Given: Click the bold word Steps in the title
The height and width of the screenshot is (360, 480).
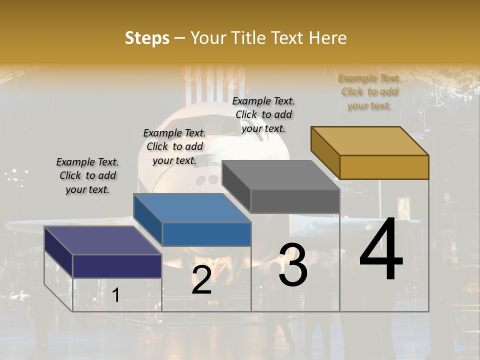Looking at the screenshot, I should pyautogui.click(x=147, y=38).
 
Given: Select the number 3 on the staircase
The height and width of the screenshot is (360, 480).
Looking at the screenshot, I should pyautogui.click(x=292, y=265).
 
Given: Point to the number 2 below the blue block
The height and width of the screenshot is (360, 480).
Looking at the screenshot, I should pyautogui.click(x=201, y=280).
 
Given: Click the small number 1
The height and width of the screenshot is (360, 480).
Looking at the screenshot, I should pyautogui.click(x=116, y=295).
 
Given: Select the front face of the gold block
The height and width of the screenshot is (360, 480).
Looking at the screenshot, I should pyautogui.click(x=384, y=167).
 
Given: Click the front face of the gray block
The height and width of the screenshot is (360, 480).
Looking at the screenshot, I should pyautogui.click(x=295, y=201).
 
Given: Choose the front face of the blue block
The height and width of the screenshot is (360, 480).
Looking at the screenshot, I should pyautogui.click(x=206, y=234).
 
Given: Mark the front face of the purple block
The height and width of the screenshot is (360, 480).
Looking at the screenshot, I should pyautogui.click(x=117, y=266).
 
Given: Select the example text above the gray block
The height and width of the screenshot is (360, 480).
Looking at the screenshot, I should pyautogui.click(x=263, y=114).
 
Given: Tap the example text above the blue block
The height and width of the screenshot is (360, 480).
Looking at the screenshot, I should pyautogui.click(x=174, y=146).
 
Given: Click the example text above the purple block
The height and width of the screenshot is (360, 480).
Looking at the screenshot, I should pyautogui.click(x=87, y=175).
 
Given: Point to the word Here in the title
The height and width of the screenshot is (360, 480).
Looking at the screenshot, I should pyautogui.click(x=327, y=38).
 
